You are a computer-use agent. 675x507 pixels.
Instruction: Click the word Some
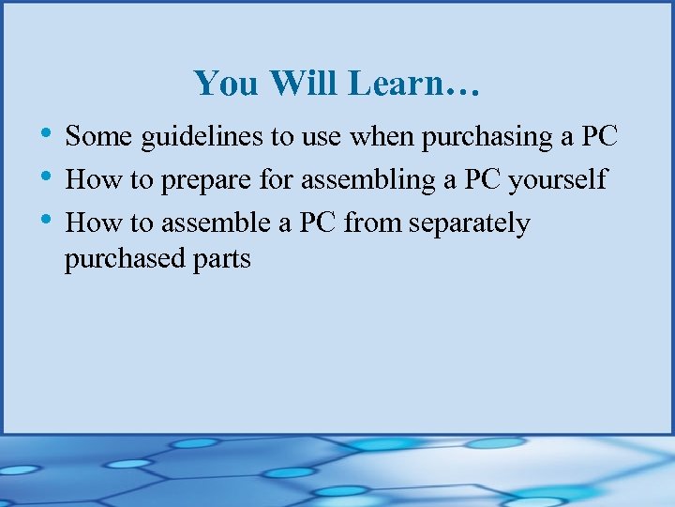click(99, 137)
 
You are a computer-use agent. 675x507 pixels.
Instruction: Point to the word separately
click(470, 224)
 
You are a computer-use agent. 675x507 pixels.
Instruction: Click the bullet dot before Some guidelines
click(47, 132)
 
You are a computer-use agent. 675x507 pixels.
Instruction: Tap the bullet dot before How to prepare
click(47, 176)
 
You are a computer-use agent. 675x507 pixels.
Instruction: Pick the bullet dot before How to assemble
click(47, 219)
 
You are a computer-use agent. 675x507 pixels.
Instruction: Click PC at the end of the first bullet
click(598, 137)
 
